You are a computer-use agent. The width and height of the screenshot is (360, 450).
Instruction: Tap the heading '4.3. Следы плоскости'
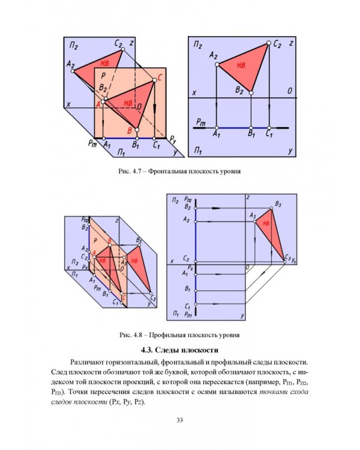179,350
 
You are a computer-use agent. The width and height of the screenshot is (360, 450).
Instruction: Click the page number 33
179,419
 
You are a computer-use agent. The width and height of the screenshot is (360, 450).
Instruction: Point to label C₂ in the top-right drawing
277,43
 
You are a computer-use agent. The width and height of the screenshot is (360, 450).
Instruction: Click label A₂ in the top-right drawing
213,56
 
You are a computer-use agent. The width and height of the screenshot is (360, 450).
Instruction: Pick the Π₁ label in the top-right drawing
197,149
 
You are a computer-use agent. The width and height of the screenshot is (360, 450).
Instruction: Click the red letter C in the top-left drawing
159,78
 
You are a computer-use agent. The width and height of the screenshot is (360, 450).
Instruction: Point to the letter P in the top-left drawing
103,76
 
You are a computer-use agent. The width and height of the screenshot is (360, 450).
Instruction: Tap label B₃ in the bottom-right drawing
277,205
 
